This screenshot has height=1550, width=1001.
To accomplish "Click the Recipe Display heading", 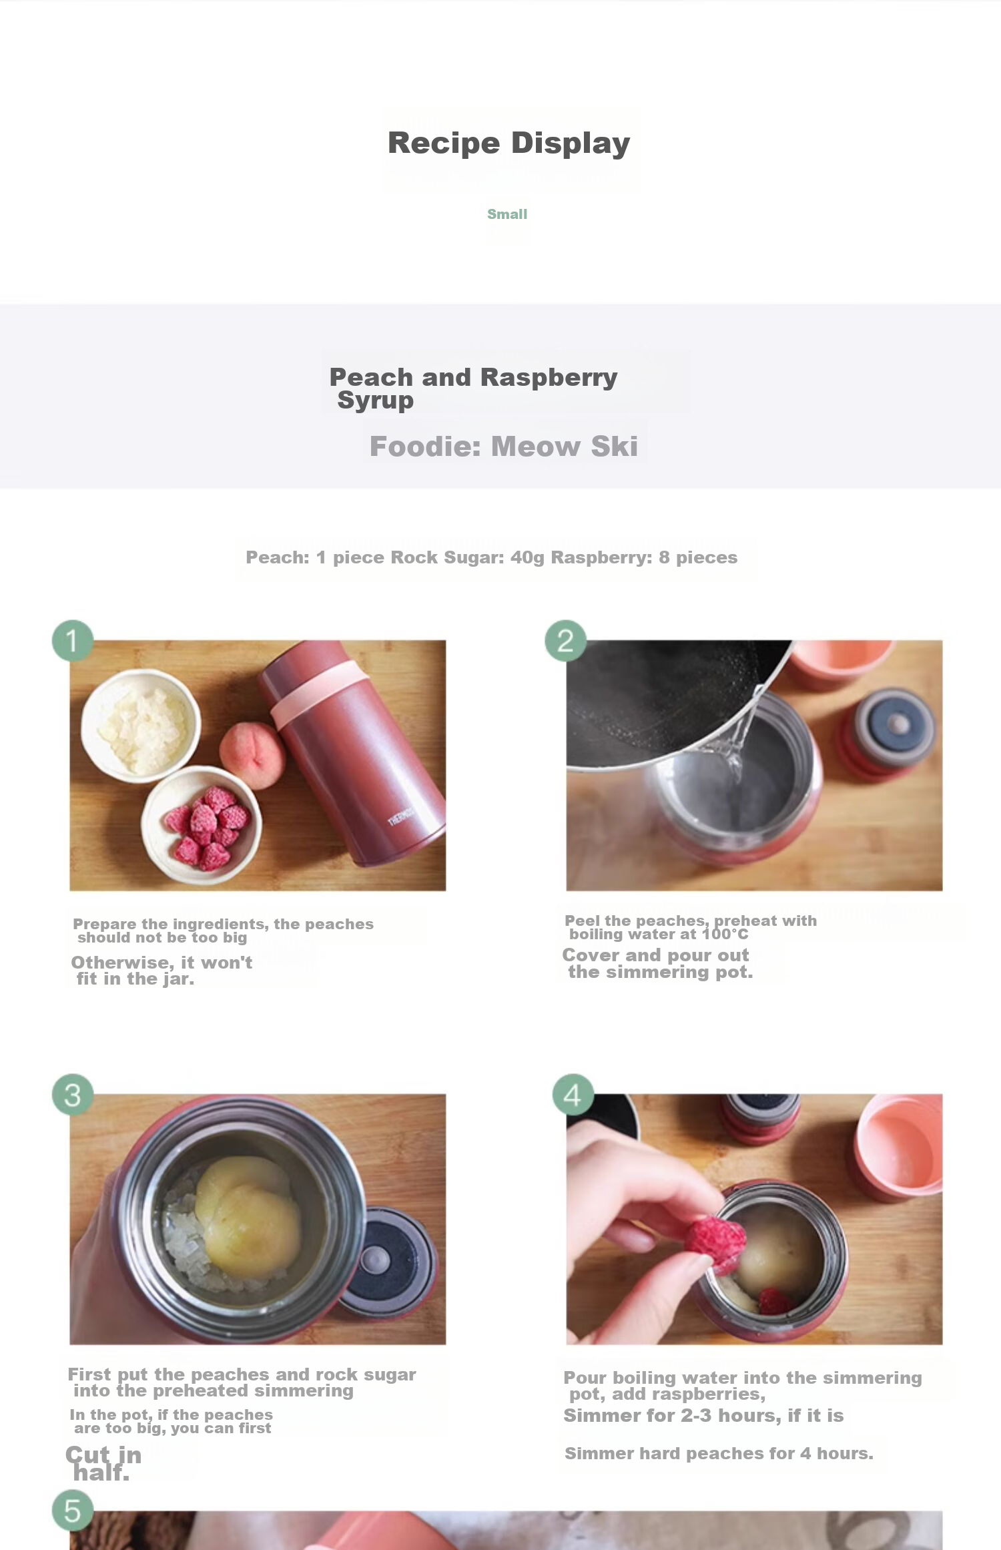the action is pyautogui.click(x=509, y=144).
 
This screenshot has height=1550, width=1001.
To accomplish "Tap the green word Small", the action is pyautogui.click(x=507, y=214).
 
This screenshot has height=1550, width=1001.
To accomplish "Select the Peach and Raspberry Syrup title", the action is pyautogui.click(x=473, y=388).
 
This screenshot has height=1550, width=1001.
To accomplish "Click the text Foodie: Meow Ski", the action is pyautogui.click(x=504, y=446).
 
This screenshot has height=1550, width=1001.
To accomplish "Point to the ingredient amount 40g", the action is pyautogui.click(x=527, y=557).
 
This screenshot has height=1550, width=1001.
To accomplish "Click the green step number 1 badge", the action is pyautogui.click(x=72, y=641).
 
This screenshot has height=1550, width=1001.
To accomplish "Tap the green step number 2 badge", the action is pyautogui.click(x=566, y=641).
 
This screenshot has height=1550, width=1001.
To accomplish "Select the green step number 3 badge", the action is pyautogui.click(x=72, y=1095).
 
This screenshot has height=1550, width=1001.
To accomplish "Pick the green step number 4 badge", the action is pyautogui.click(x=573, y=1095).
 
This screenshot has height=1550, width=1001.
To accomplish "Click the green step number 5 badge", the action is pyautogui.click(x=72, y=1511).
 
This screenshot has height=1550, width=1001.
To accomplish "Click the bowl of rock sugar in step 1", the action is pyautogui.click(x=141, y=725).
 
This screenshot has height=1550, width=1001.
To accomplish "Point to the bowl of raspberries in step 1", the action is pyautogui.click(x=202, y=825).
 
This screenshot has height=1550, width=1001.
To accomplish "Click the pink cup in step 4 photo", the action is pyautogui.click(x=900, y=1143).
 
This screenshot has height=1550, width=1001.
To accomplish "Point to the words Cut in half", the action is pyautogui.click(x=103, y=1463).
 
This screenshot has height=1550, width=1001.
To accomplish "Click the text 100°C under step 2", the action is pyautogui.click(x=725, y=934).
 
